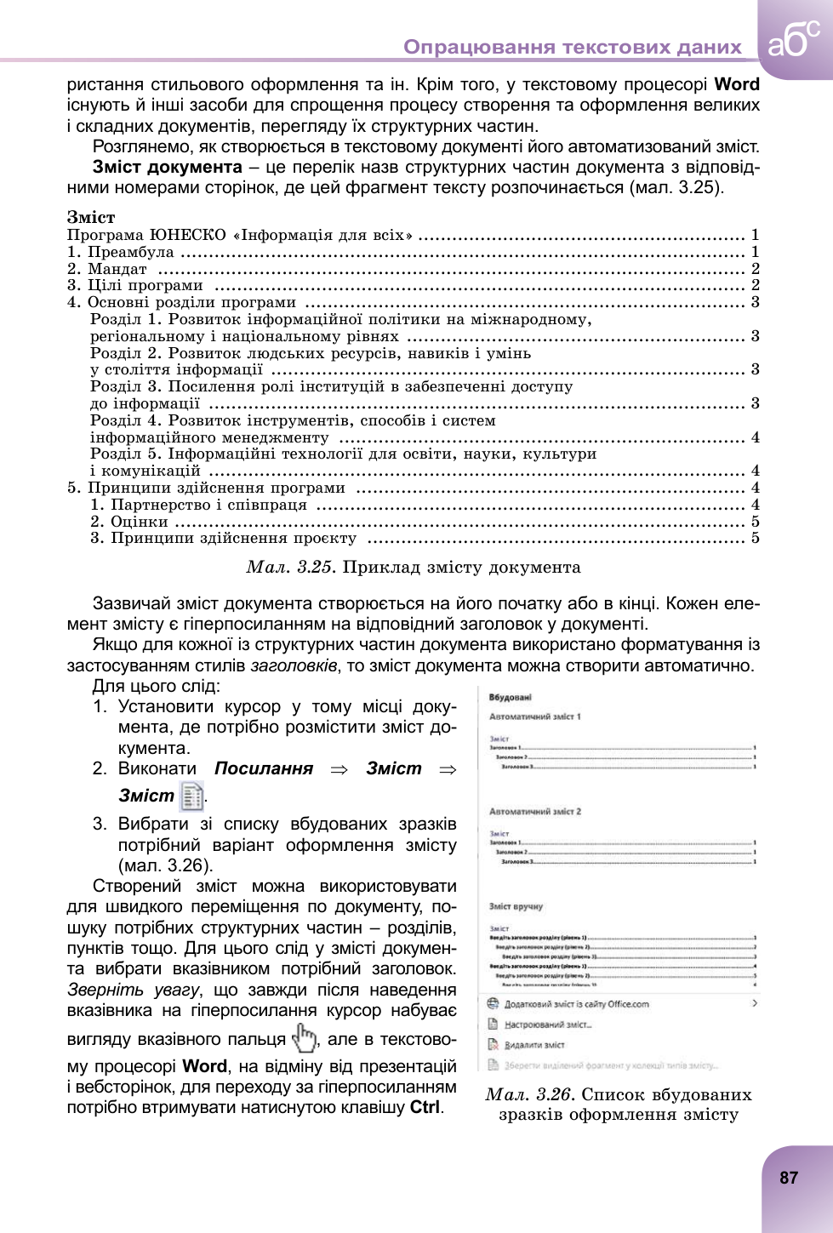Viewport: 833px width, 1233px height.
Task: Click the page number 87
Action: coord(789,1178)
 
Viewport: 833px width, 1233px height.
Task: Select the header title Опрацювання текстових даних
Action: coord(573,47)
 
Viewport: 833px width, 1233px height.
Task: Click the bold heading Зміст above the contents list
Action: coord(91,217)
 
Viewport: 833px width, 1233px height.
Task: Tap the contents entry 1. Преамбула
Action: coord(121,252)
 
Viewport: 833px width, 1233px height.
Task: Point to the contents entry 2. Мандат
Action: coord(107,269)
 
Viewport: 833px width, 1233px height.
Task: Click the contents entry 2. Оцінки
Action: coord(129,522)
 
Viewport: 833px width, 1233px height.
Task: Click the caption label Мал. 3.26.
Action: coord(530,1094)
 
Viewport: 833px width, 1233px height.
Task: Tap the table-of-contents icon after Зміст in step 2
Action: coord(192,796)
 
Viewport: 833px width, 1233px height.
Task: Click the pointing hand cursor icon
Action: coord(304,1038)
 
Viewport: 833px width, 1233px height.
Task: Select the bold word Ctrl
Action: coord(425,1107)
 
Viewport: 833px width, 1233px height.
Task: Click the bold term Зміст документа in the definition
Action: coord(168,167)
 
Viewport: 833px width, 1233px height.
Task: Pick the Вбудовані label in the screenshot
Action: coord(511,698)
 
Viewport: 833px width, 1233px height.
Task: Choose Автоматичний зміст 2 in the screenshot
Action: coord(535,812)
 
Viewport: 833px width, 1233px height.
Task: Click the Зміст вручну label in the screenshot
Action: coord(516,907)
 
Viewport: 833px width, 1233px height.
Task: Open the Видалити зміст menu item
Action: coord(534,1045)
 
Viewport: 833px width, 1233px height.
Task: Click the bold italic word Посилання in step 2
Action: coord(264,768)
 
